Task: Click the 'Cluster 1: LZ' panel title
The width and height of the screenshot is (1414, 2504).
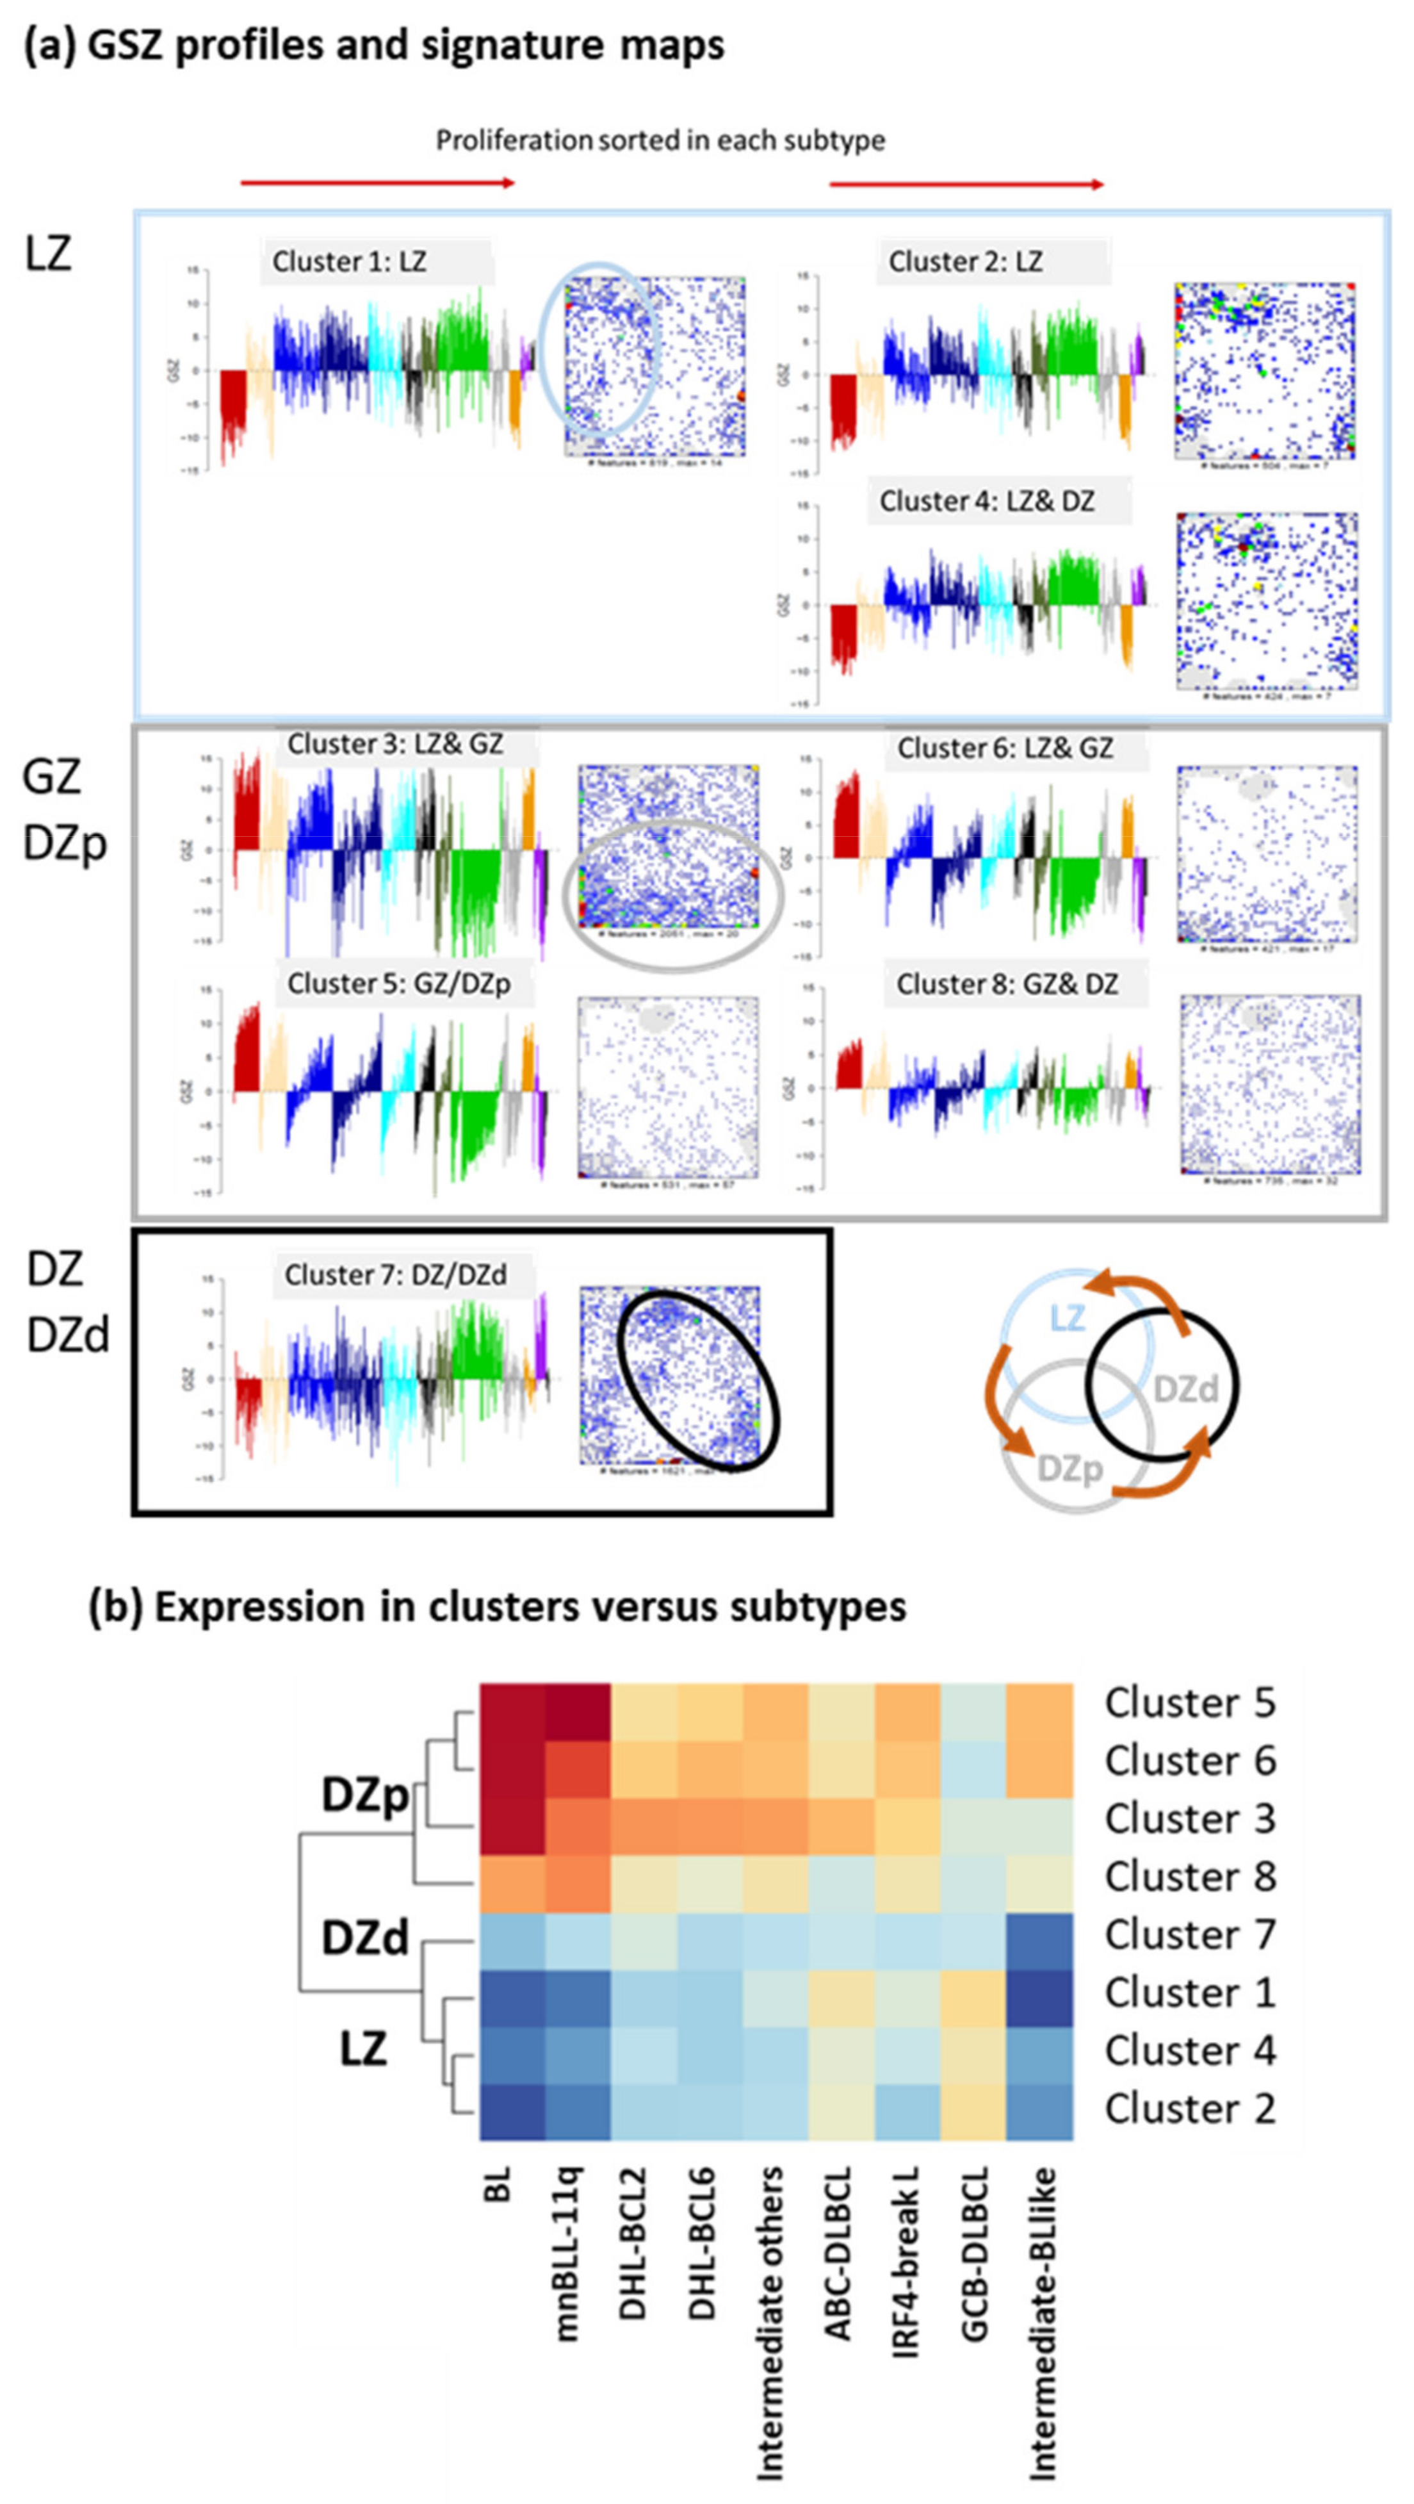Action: pos(349,261)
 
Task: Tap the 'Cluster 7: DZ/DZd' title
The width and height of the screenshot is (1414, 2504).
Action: pos(396,1274)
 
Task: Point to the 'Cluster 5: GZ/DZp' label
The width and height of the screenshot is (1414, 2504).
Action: pos(398,983)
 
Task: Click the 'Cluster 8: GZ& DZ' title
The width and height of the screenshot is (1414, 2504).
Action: pos(1007,984)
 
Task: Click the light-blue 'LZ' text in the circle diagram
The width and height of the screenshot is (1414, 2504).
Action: pos(1067,1318)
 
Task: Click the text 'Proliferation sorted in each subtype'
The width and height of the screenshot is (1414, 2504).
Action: pos(660,141)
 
